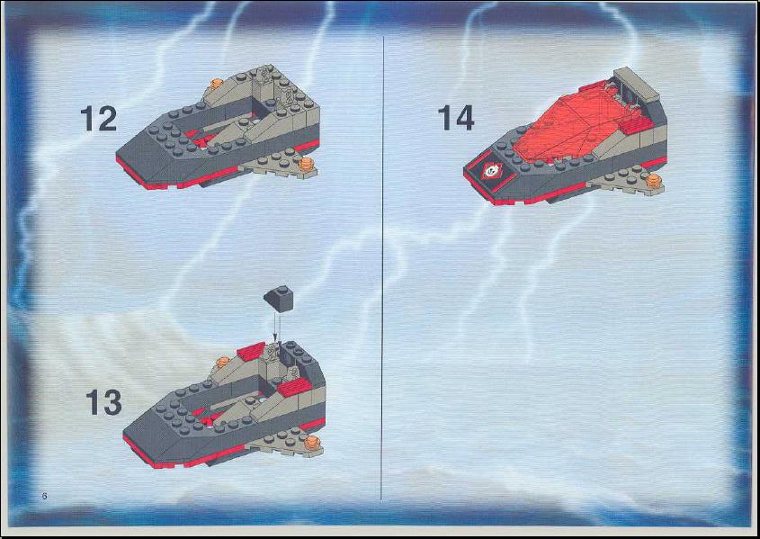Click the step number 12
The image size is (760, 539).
pos(99,119)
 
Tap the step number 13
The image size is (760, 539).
pos(103,402)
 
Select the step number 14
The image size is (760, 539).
pos(456,118)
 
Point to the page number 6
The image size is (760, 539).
pos(45,496)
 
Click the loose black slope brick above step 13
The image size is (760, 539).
pos(279,298)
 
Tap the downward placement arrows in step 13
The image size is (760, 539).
pos(277,328)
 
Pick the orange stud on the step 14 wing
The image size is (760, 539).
pos(654,180)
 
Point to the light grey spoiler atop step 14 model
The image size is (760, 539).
pos(637,84)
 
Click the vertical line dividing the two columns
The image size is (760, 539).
pos(382,267)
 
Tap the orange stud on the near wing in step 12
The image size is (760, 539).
pos(306,164)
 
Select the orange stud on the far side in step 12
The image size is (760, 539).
pos(216,84)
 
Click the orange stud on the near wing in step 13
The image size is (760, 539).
pos(313,442)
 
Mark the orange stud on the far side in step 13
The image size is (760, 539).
pos(222,362)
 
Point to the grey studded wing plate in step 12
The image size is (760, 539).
pos(279,165)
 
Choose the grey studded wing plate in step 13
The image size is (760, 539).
pos(286,442)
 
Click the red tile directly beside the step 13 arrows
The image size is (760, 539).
pos(251,351)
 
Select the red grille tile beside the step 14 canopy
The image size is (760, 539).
pos(636,126)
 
